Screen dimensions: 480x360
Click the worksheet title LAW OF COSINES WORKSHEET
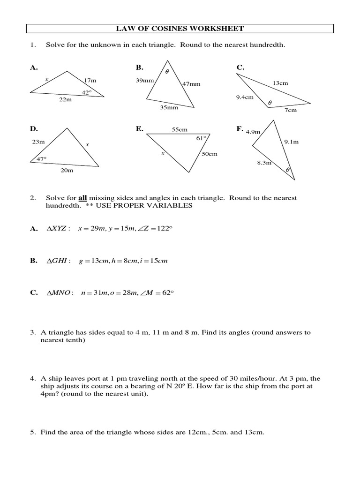tap(180, 29)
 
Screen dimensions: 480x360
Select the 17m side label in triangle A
tap(90, 81)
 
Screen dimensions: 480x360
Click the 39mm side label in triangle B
tap(144, 81)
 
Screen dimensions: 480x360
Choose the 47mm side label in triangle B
tap(191, 84)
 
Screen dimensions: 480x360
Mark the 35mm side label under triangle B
tap(169, 107)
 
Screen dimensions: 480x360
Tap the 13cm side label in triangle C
tap(280, 83)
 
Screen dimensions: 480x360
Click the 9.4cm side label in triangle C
tap(245, 97)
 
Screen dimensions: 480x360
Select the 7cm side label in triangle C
tap(291, 110)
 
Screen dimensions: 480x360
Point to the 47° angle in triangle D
tap(42, 159)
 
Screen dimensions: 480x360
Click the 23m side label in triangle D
tap(38, 142)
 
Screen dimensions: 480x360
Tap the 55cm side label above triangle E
tap(180, 129)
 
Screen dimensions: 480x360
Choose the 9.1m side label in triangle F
tap(291, 142)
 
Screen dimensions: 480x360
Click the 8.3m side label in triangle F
tap(264, 163)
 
